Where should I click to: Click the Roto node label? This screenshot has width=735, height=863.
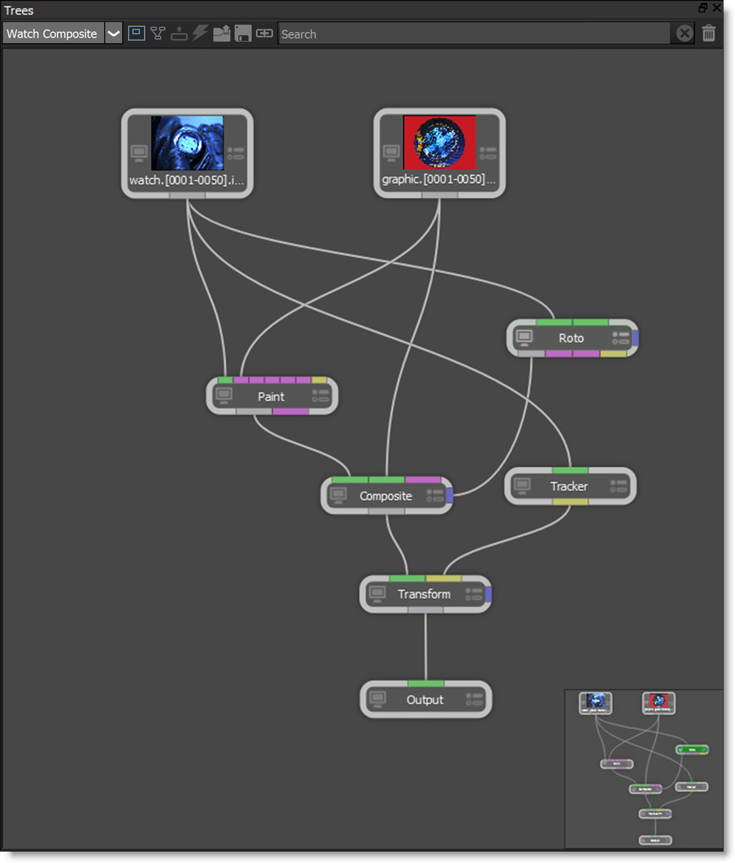(571, 338)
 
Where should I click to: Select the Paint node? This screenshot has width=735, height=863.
(271, 396)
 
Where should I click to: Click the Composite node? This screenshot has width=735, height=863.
(385, 496)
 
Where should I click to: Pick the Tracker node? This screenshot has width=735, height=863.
(569, 486)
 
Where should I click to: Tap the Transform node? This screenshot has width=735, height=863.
(424, 594)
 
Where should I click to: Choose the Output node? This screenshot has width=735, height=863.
(425, 700)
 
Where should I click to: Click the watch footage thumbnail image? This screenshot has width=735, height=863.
(187, 143)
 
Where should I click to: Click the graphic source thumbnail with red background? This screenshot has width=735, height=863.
(439, 143)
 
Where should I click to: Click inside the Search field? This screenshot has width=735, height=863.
(473, 34)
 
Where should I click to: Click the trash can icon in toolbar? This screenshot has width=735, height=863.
(709, 33)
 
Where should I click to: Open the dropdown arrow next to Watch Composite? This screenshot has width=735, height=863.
(114, 34)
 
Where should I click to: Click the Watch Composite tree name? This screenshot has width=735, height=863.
(52, 34)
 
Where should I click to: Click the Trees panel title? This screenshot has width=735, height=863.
(19, 10)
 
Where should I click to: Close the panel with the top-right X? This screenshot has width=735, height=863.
(716, 8)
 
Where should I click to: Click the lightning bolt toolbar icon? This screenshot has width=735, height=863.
(200, 33)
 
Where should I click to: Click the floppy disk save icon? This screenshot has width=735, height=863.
(243, 34)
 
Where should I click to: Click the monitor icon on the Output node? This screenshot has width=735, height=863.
(378, 699)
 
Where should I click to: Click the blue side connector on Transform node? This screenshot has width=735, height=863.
(488, 594)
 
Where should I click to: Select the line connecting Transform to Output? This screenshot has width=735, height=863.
(426, 647)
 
